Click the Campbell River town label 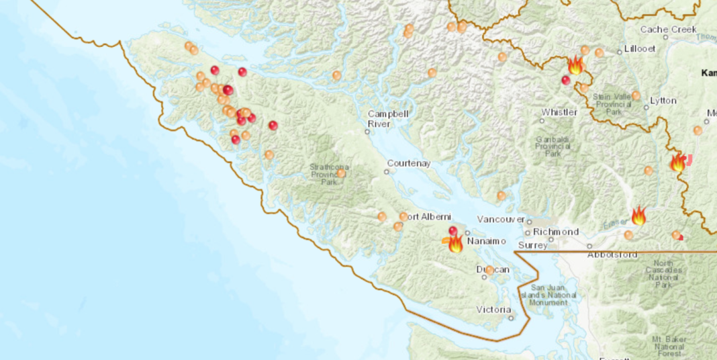(387, 119)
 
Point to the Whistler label (559, 112)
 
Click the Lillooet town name (638, 50)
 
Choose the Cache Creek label (669, 30)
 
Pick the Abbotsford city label (612, 255)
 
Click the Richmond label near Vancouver (556, 232)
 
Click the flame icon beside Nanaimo (455, 244)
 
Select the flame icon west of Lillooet (575, 66)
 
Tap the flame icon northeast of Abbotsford (638, 216)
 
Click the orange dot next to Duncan (489, 270)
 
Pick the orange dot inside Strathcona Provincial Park (341, 173)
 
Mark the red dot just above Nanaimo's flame (453, 231)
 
